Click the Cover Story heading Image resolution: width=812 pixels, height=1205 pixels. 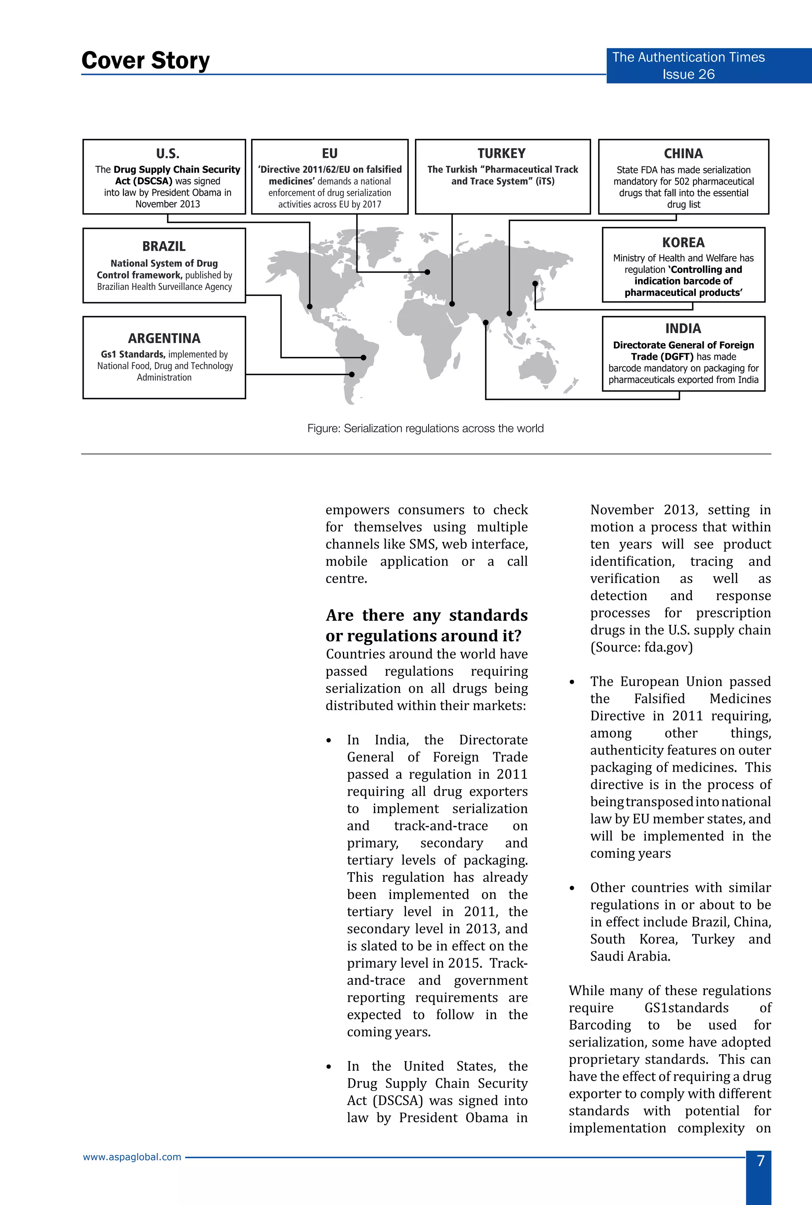tap(146, 61)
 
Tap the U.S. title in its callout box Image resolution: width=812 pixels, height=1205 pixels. tap(167, 154)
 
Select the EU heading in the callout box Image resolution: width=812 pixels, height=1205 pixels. tap(329, 154)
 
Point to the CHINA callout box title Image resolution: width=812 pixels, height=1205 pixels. tap(683, 154)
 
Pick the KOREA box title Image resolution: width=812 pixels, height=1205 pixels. tap(683, 243)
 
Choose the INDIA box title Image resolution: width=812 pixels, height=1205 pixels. tap(683, 328)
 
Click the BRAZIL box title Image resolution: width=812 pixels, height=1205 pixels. tap(164, 246)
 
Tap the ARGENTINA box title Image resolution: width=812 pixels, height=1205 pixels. tap(164, 338)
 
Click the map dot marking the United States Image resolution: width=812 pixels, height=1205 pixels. tap(310, 306)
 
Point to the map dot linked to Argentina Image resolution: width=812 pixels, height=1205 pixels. tap(352, 374)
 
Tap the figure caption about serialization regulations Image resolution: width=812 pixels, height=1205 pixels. tap(425, 428)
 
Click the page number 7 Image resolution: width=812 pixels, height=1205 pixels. tap(760, 1161)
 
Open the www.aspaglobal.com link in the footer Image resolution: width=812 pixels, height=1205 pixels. tap(132, 1157)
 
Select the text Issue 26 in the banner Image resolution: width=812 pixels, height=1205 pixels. tap(688, 74)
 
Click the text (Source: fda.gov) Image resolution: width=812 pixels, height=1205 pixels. tap(641, 647)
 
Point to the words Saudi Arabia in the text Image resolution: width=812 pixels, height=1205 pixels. tap(630, 956)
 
